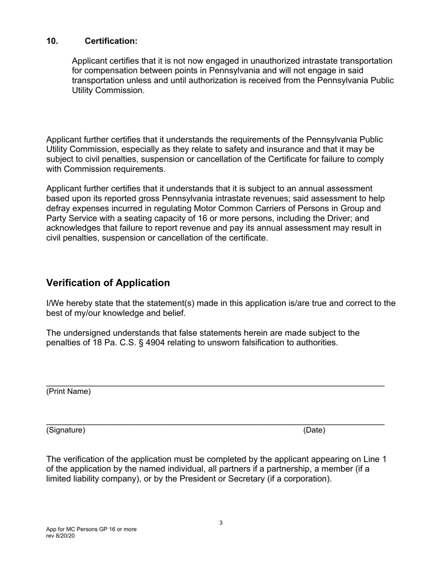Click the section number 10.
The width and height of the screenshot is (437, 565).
52,41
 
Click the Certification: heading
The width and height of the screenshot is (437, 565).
111,41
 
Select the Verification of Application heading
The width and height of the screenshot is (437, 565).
108,283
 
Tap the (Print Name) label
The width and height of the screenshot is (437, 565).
69,392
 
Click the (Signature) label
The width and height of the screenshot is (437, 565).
66,430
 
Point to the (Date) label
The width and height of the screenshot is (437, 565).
314,430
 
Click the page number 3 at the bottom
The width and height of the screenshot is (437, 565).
221,523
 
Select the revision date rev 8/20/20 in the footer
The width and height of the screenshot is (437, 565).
60,536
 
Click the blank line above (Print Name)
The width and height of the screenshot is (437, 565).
215,384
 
